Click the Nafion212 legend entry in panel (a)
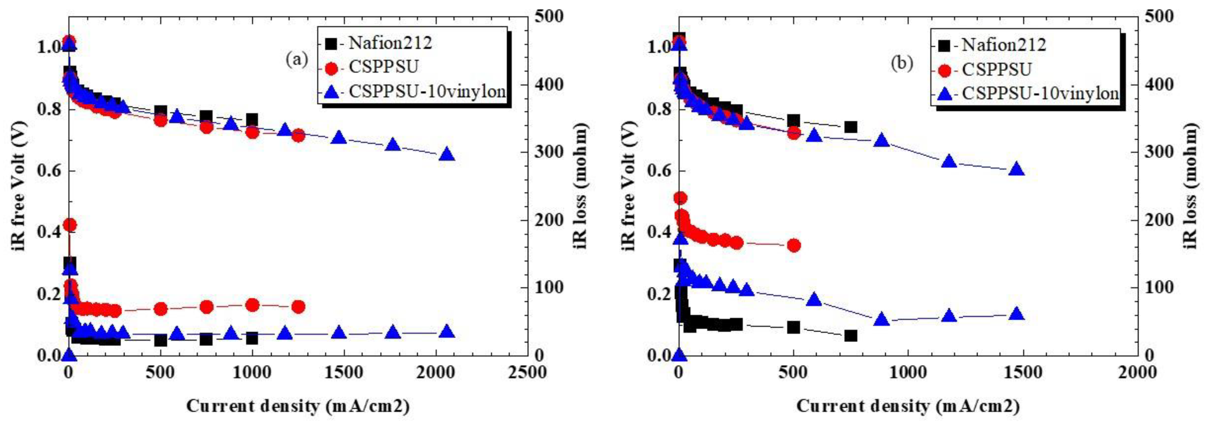(x=389, y=43)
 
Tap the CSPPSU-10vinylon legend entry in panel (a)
(x=427, y=91)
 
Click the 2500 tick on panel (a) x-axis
(x=528, y=373)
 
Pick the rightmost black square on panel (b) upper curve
(x=851, y=127)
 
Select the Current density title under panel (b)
(x=907, y=406)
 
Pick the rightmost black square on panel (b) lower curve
(x=851, y=335)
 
